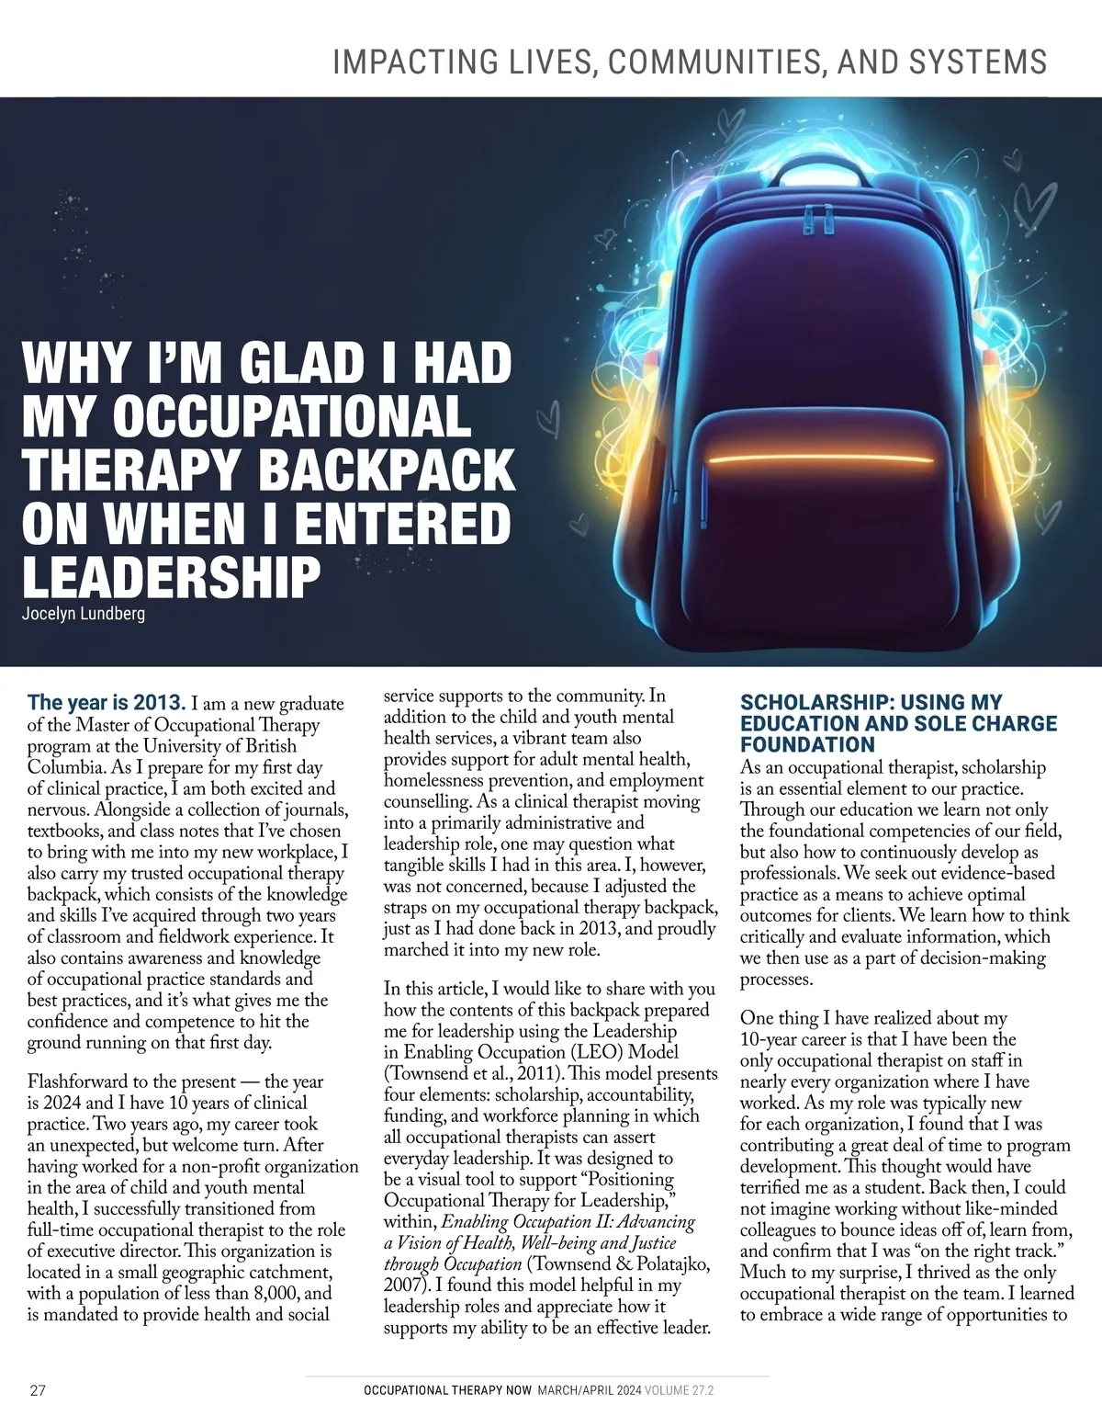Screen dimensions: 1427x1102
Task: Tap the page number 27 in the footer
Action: tap(39, 1390)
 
